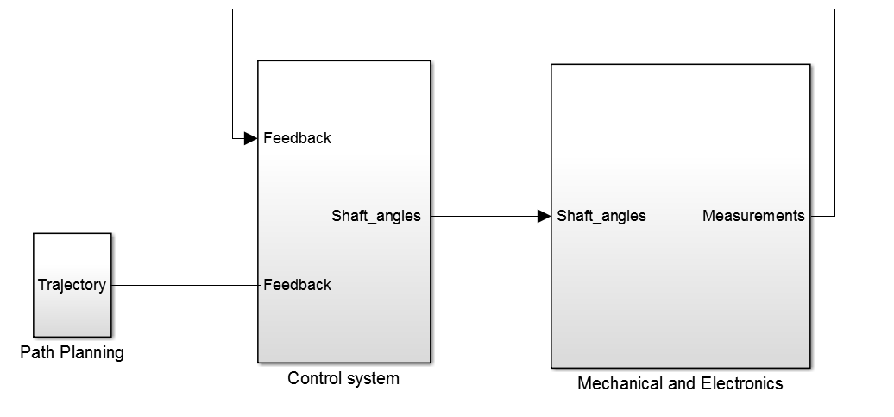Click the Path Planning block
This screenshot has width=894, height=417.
(72, 311)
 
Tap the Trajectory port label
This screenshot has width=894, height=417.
(72, 285)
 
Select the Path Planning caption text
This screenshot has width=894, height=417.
(72, 352)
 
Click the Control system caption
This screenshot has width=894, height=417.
(343, 378)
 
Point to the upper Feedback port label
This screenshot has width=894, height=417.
(297, 138)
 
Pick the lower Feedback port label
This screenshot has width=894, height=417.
(297, 285)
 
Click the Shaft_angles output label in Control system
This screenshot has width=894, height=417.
(376, 216)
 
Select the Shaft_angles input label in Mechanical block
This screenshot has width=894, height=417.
(601, 216)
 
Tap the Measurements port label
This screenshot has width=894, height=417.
(753, 216)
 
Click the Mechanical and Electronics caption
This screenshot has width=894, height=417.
(680, 383)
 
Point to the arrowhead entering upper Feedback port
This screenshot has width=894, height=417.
(250, 138)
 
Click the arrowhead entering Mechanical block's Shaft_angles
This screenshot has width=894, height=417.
(544, 216)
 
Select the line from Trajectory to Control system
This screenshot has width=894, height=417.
(186, 285)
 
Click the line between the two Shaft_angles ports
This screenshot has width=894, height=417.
(483, 216)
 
